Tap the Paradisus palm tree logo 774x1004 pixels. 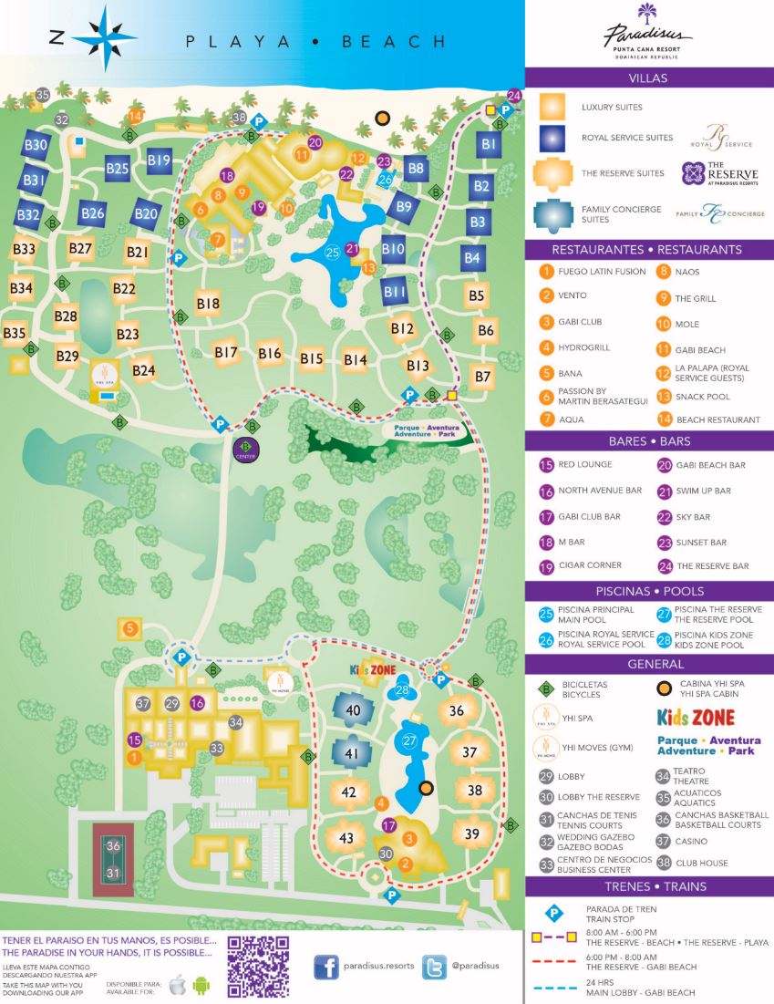(x=648, y=14)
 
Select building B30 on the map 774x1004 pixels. (x=36, y=145)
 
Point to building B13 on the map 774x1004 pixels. (x=418, y=366)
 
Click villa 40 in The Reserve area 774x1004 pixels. (x=352, y=710)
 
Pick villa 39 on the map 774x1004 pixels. (x=471, y=833)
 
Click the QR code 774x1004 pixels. (x=258, y=966)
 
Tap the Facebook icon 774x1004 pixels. (x=326, y=967)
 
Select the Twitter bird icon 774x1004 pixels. (x=435, y=967)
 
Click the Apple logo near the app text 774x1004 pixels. (x=178, y=984)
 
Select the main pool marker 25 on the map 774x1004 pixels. (x=332, y=252)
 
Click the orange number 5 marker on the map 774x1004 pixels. (x=130, y=627)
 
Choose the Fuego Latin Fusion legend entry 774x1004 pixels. (x=593, y=272)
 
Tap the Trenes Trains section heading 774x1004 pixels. (x=649, y=886)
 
